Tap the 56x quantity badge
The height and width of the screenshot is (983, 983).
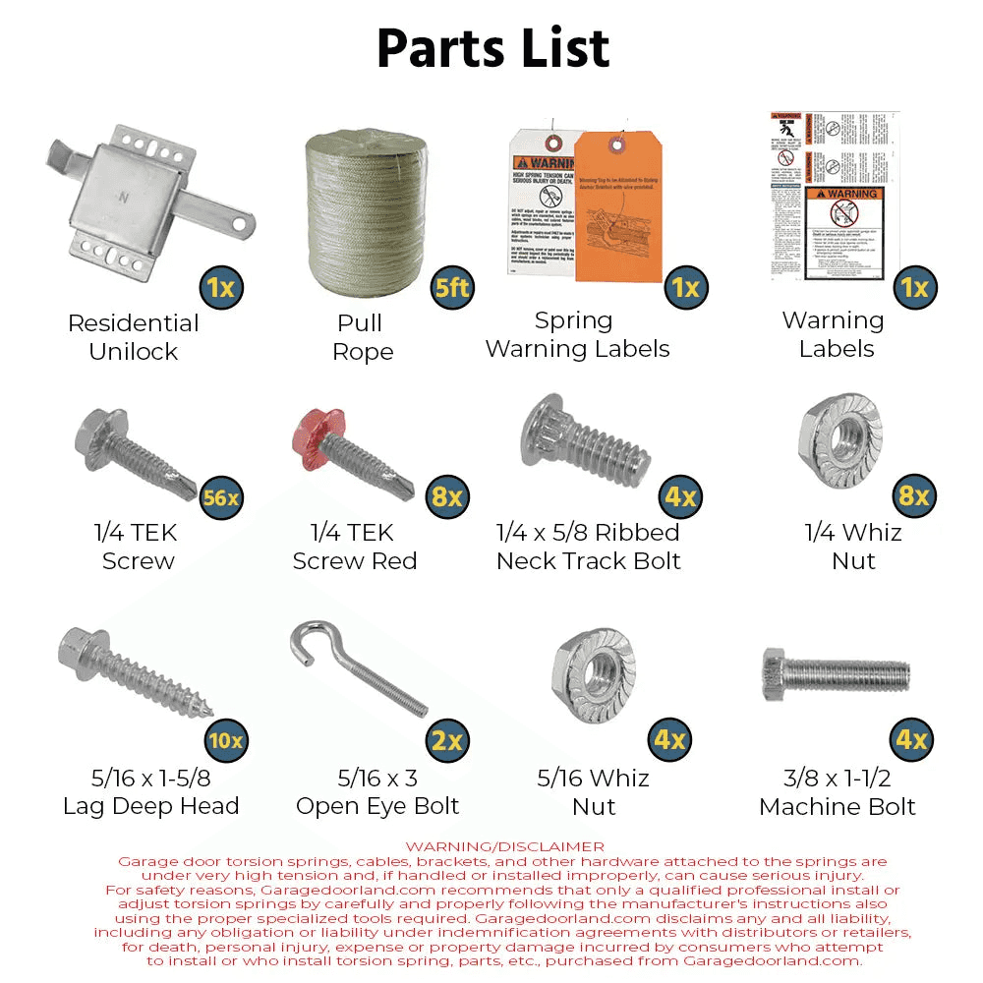pos(221,497)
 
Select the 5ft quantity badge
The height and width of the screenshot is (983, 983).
pos(453,288)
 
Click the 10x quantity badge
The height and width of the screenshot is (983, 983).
pos(225,739)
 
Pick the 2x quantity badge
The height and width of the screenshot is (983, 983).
pos(447,739)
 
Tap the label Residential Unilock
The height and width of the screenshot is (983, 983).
pos(133,337)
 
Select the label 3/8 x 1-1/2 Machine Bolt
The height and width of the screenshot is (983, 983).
pos(837,792)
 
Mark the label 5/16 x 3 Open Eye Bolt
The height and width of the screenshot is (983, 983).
pos(377,792)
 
